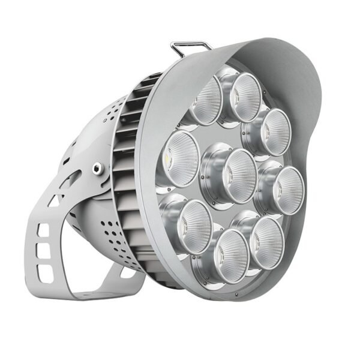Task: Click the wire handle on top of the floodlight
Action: click(x=191, y=44)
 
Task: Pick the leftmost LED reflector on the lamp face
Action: click(x=179, y=158)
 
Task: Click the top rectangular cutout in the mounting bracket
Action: click(x=43, y=230)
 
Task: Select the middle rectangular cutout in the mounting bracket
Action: click(x=45, y=252)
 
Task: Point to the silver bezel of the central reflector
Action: click(x=211, y=180)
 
